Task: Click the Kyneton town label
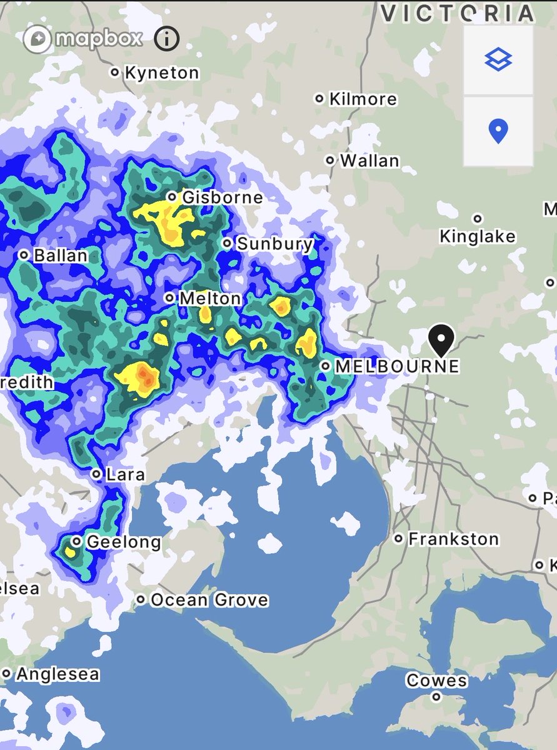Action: (161, 73)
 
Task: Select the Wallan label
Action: (369, 161)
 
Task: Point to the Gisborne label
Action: (222, 197)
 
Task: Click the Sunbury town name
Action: (274, 243)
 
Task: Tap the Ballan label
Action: (60, 256)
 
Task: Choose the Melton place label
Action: (210, 299)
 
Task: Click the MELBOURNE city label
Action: (397, 366)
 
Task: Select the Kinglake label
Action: (478, 236)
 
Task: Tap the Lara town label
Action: (125, 474)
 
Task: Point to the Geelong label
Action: (123, 541)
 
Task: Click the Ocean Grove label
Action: (209, 600)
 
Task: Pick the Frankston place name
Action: (453, 539)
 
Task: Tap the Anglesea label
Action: (58, 674)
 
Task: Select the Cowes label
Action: (436, 681)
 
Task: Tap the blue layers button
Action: (498, 60)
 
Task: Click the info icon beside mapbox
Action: (166, 39)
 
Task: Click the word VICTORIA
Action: (458, 12)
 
